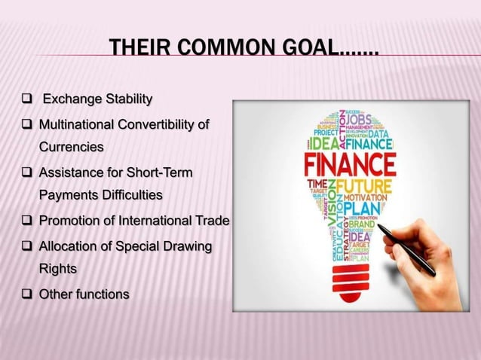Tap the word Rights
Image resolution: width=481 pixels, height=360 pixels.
[x=58, y=267]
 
